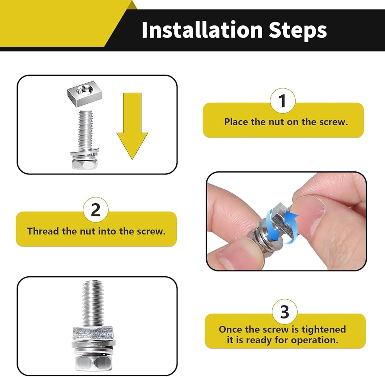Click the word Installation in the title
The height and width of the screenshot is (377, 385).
[x=202, y=30]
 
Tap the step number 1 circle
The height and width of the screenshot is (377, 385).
[x=283, y=101]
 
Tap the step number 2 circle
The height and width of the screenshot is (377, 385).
[x=95, y=209]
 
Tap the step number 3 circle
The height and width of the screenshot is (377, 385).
[x=285, y=312]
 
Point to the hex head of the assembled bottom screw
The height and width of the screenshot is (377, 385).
[x=93, y=363]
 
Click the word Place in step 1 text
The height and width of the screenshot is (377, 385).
[x=236, y=122]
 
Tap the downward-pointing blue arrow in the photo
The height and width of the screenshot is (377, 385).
[x=273, y=224]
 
